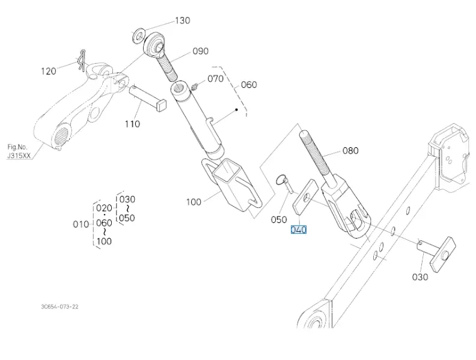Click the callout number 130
pyautogui.click(x=182, y=20)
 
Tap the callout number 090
pyautogui.click(x=201, y=52)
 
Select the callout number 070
pyautogui.click(x=215, y=79)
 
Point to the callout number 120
pyautogui.click(x=49, y=71)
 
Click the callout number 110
pyautogui.click(x=132, y=124)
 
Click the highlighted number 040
pyautogui.click(x=299, y=230)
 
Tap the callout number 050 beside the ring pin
pyautogui.click(x=279, y=219)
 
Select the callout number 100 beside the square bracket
pyautogui.click(x=194, y=202)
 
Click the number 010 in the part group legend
pyautogui.click(x=81, y=224)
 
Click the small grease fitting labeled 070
pyautogui.click(x=195, y=87)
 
